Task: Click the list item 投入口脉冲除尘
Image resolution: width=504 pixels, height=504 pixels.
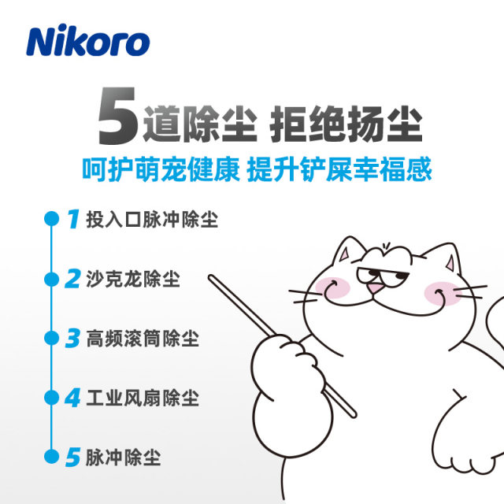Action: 150,219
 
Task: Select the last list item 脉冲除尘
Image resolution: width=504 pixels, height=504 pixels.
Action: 123,457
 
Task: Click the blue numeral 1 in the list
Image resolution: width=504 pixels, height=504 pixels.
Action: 72,219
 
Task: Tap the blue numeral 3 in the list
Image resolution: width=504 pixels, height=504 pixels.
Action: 72,339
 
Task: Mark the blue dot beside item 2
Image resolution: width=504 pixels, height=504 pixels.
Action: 51,279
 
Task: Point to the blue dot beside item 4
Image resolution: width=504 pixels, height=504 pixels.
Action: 51,398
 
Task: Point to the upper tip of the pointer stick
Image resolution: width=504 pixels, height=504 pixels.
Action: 211,276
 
